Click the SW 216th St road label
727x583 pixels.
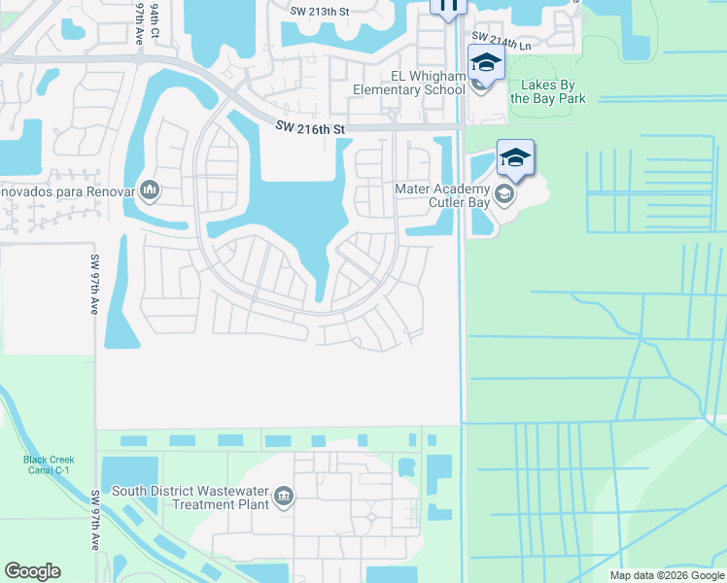coord(310,126)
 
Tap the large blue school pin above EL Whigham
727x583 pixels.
coord(485,65)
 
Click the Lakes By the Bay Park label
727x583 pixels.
coord(547,91)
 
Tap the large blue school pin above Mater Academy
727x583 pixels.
coord(516,158)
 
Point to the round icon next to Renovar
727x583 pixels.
coord(149,189)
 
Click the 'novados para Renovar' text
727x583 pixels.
coord(66,189)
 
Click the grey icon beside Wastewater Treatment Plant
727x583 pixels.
coord(283,497)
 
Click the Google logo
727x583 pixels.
coord(32,571)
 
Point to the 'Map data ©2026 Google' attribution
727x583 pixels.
coord(667,575)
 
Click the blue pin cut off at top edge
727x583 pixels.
coord(448,7)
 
